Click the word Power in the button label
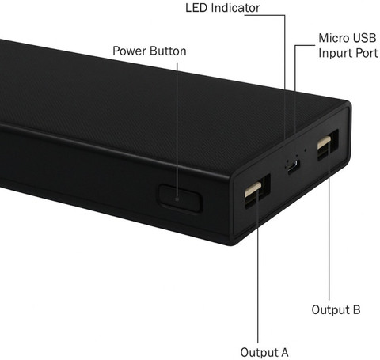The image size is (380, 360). pyautogui.click(x=128, y=51)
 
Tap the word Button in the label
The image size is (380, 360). pyautogui.click(x=166, y=51)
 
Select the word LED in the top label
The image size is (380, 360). pyautogui.click(x=196, y=8)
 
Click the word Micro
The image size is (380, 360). pyautogui.click(x=334, y=38)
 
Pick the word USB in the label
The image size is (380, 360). pyautogui.click(x=365, y=38)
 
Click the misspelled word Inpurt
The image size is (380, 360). pyautogui.click(x=336, y=54)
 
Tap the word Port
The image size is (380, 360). pyautogui.click(x=367, y=53)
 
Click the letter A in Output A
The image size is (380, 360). pyautogui.click(x=284, y=352)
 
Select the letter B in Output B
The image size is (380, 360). pyautogui.click(x=356, y=309)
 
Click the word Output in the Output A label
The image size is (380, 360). pyautogui.click(x=259, y=352)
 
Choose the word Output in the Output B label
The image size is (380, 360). pyautogui.click(x=331, y=309)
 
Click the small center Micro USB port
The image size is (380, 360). pyautogui.click(x=294, y=167)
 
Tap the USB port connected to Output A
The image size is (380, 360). pyautogui.click(x=257, y=191)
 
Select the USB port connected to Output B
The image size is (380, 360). pyautogui.click(x=328, y=145)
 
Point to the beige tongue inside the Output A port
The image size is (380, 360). pyautogui.click(x=253, y=189)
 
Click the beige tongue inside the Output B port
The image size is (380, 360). pyautogui.click(x=325, y=142)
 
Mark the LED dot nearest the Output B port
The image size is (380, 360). pyautogui.click(x=306, y=150)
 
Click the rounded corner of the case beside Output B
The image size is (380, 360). pyautogui.click(x=348, y=104)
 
